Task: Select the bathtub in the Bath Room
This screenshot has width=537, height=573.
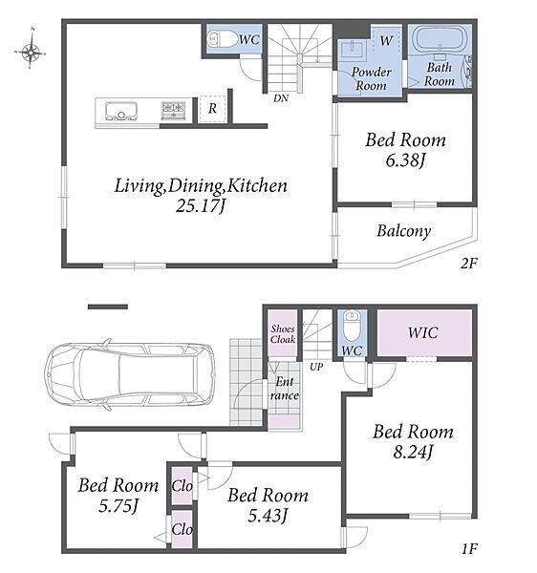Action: click(440, 39)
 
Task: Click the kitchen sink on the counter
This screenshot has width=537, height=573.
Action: click(121, 111)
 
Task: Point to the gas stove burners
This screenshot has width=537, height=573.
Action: click(173, 111)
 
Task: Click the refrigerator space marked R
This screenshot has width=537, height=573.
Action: click(212, 109)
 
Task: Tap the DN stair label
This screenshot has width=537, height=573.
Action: click(281, 98)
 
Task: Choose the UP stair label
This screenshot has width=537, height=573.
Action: click(316, 367)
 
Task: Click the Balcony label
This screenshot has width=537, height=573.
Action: click(404, 231)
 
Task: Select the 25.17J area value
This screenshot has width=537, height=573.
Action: click(201, 206)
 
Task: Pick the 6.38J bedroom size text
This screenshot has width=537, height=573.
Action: click(406, 160)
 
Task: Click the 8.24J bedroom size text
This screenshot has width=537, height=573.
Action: click(414, 452)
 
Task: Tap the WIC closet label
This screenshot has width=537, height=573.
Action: click(423, 332)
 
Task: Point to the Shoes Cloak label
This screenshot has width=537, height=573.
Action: click(283, 334)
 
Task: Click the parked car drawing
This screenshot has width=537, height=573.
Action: click(129, 375)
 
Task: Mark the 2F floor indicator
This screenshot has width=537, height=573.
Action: click(468, 264)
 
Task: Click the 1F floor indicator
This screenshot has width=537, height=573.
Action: click(468, 548)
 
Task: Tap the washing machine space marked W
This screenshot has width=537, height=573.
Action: click(386, 40)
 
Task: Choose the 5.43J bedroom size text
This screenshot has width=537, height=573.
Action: click(268, 516)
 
